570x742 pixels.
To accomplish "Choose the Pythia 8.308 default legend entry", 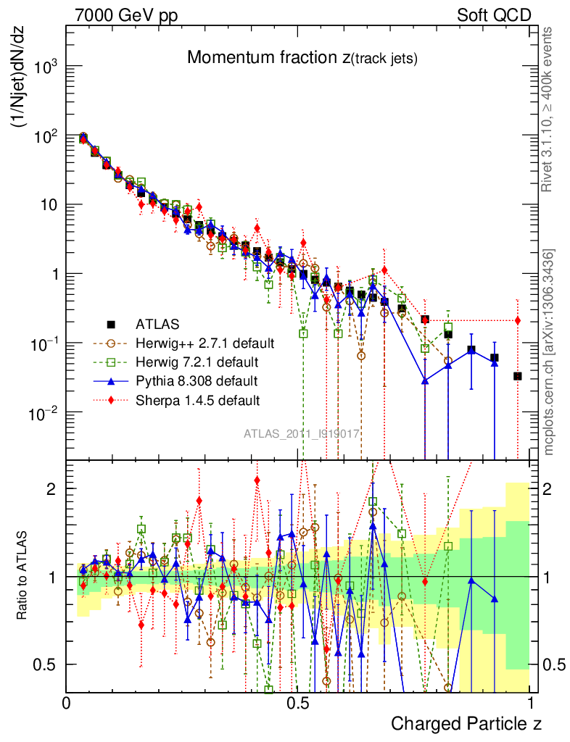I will pyautogui.click(x=196, y=380).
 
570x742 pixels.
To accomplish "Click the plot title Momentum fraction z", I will pyautogui.click(x=302, y=59).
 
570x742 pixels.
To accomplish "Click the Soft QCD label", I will pyautogui.click(x=494, y=15).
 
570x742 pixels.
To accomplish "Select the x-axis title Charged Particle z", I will pyautogui.click(x=466, y=723).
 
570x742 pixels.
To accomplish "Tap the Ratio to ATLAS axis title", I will pyautogui.click(x=22, y=576).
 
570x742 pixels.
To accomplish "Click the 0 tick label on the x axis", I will pyautogui.click(x=66, y=703).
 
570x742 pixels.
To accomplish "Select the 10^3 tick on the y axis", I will pyautogui.click(x=44, y=67).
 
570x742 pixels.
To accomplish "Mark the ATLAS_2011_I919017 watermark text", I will pyautogui.click(x=302, y=433).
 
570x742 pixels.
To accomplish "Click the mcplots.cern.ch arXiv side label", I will pyautogui.click(x=549, y=351).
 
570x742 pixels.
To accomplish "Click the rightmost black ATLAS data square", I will pyautogui.click(x=517, y=376).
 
